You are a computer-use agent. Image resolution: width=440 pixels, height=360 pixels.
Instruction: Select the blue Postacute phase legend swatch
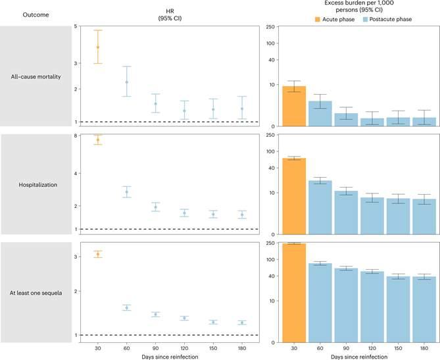point(364,20)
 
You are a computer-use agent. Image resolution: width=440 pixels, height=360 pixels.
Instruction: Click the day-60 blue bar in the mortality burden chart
point(320,113)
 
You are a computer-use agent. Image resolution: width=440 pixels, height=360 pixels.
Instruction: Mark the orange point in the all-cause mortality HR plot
point(98,47)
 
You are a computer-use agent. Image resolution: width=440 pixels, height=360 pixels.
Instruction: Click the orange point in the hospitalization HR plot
point(98,140)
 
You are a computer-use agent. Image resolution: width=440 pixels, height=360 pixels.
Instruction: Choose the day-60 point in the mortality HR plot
point(126,82)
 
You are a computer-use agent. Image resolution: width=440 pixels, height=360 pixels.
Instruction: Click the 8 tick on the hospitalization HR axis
point(77,136)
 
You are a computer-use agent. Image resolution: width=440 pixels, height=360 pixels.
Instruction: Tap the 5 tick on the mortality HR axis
point(77,27)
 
